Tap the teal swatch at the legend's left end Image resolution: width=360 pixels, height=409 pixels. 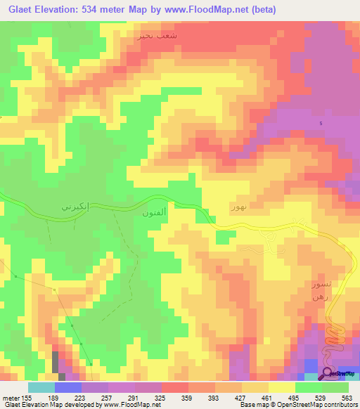click(41, 387)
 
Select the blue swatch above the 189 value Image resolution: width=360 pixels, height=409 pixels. click(68, 387)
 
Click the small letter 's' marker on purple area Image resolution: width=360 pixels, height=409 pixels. click(321, 124)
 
